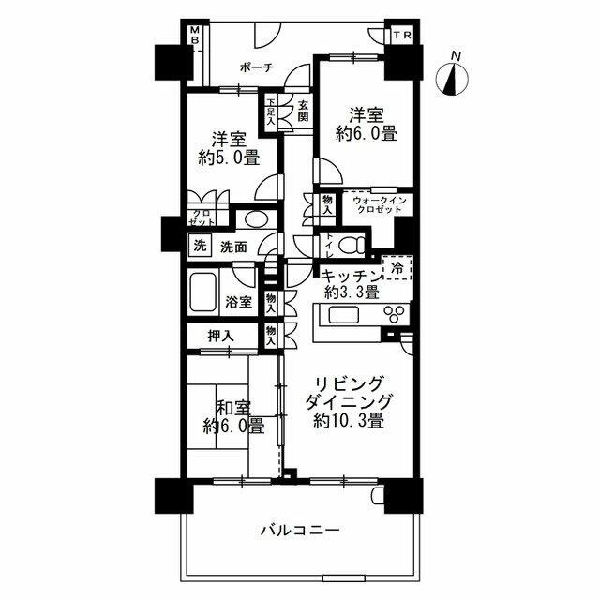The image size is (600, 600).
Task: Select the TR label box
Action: tap(401, 36)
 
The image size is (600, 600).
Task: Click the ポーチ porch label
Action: tap(257, 67)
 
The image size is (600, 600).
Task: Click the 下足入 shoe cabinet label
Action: tap(271, 112)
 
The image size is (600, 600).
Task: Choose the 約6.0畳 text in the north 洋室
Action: tap(367, 134)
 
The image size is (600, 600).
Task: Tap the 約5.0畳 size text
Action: tap(229, 157)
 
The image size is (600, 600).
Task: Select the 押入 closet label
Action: tap(220, 336)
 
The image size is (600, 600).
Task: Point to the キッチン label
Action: tap(350, 274)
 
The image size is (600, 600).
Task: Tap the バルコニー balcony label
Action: tap(299, 532)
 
